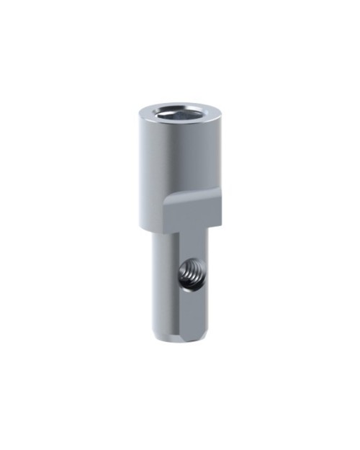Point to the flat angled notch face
click(192, 212)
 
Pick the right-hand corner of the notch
click(220, 222)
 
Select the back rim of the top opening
click(179, 105)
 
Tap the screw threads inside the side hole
click(192, 274)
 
